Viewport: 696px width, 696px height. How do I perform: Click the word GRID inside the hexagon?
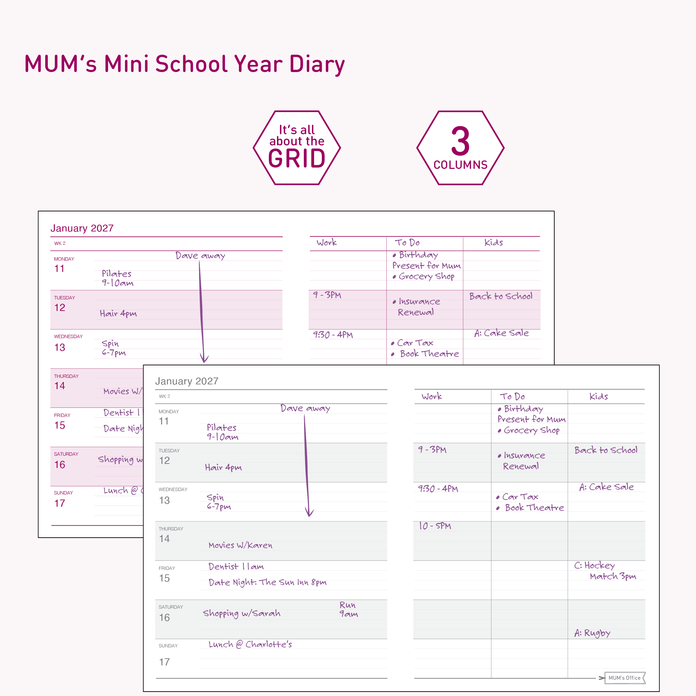point(296,158)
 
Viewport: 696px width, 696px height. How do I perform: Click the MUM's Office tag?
point(624,678)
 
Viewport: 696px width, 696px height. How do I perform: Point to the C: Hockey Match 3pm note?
point(605,571)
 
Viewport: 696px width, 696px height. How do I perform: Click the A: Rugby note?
point(592,633)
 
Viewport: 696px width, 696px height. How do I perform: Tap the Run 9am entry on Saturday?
point(348,609)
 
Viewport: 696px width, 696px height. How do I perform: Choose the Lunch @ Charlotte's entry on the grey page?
point(250,644)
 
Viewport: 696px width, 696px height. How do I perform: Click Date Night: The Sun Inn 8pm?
point(267,582)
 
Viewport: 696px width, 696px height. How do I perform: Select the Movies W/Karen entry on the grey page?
point(240,545)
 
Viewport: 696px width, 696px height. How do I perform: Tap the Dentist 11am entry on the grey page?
point(236,567)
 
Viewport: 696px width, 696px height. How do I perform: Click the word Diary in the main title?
point(317,64)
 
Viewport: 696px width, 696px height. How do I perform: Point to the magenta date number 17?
point(60,503)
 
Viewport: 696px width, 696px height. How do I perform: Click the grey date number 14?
point(164,539)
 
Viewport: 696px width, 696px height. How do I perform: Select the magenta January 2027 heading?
point(82,228)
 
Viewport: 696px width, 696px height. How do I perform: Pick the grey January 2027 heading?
point(187,381)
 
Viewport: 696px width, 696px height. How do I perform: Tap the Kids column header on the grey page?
point(598,396)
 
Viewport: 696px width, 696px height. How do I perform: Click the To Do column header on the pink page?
point(407,242)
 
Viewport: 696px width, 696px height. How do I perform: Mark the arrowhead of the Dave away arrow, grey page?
point(310,514)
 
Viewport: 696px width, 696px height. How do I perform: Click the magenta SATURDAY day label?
point(66,454)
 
